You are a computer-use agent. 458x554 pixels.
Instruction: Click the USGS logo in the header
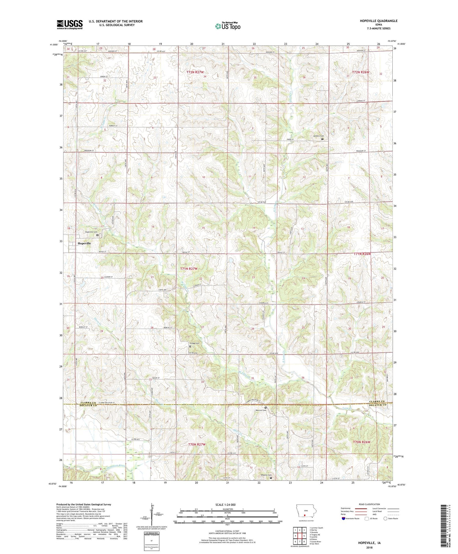coord(70,24)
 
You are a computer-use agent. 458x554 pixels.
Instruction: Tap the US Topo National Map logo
coord(227,26)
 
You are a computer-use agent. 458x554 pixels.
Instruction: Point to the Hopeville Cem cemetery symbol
coord(98,235)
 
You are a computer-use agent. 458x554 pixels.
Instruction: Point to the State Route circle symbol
coord(385,518)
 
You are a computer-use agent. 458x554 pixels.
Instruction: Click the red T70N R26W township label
coord(362,442)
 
